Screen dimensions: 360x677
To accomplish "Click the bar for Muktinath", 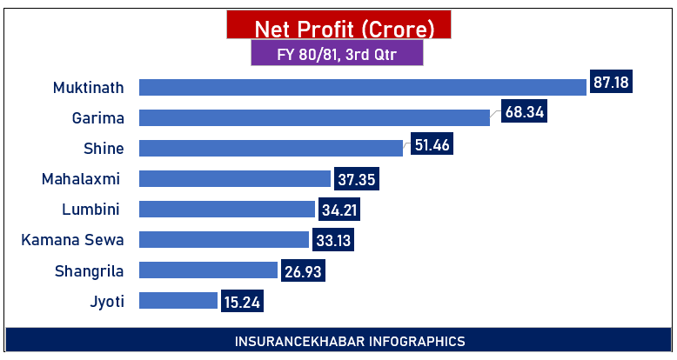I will click(362, 87).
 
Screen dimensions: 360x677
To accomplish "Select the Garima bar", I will click(314, 117).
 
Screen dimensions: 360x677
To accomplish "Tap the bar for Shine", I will click(271, 148).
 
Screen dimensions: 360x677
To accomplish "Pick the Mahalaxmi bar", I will click(235, 179).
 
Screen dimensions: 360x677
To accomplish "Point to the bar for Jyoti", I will click(178, 301).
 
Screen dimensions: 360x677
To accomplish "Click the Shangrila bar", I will click(208, 270).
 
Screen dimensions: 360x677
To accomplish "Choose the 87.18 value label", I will click(611, 83).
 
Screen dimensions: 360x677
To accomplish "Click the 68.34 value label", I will click(524, 113).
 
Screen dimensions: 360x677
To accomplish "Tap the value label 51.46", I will click(432, 145).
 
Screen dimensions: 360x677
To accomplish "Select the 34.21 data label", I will click(338, 210).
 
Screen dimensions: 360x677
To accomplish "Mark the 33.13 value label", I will click(333, 240).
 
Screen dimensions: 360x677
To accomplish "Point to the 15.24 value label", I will click(243, 302).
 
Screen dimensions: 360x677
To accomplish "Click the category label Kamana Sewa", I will click(72, 239).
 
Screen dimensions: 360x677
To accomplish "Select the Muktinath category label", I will click(88, 87).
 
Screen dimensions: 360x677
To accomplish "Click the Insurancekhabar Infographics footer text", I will click(338, 342).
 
